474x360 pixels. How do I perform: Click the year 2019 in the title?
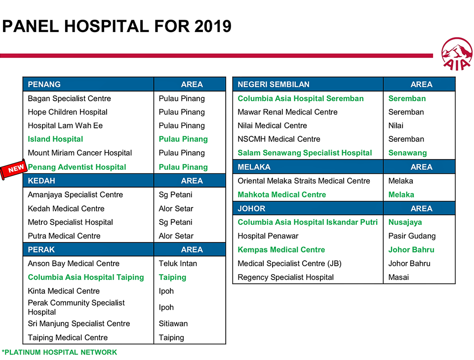click(213, 26)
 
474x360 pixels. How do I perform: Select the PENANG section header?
click(44, 84)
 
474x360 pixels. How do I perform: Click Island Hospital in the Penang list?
click(55, 139)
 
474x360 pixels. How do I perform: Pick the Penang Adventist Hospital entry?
click(77, 167)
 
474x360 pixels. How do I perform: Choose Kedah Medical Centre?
click(66, 208)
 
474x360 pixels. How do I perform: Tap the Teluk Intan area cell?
click(178, 264)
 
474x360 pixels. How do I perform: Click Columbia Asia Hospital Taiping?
click(86, 278)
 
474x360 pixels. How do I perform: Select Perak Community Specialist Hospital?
click(76, 307)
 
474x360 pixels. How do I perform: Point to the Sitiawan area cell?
click(173, 324)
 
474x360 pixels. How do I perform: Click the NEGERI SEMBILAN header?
click(274, 84)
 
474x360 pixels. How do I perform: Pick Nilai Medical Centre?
click(272, 125)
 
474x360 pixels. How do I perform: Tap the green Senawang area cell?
click(407, 153)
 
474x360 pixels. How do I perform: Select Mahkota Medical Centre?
click(282, 195)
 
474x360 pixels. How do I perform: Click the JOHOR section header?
click(251, 208)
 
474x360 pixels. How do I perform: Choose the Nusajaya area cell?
click(405, 222)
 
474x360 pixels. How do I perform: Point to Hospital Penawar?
click(268, 236)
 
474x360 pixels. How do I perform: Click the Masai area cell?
click(398, 278)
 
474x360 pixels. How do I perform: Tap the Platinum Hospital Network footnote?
click(59, 353)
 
